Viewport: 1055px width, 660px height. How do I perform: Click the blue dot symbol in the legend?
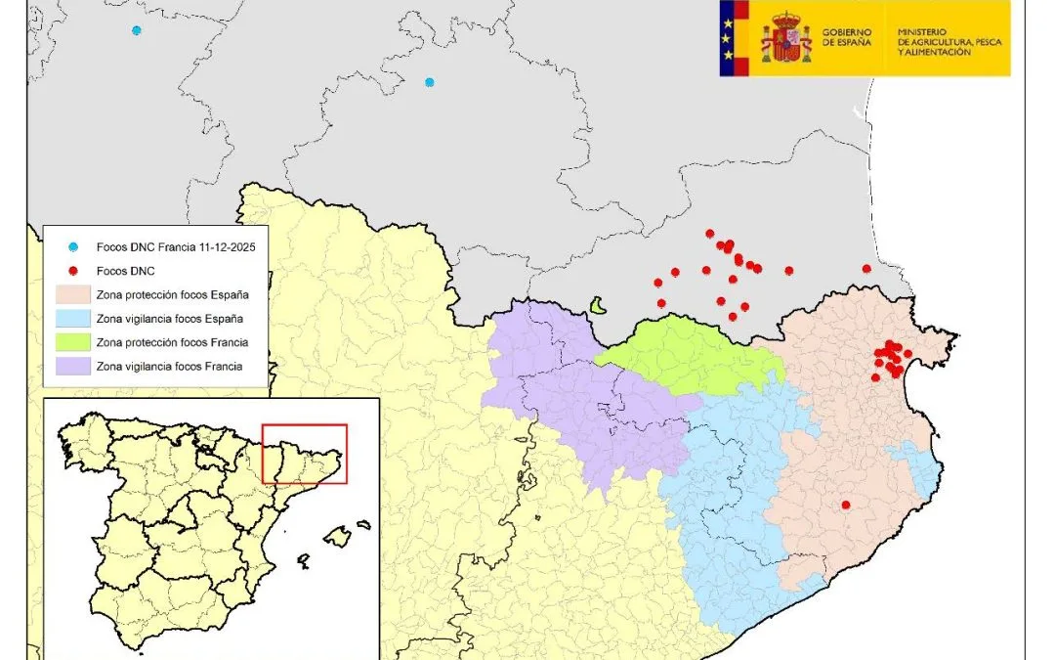73,248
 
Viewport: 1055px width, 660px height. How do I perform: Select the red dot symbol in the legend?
73,271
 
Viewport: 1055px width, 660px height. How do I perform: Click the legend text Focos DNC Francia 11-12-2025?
176,248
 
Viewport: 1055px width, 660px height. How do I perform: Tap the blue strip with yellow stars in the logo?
727,38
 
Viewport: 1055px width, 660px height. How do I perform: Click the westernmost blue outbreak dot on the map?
137,30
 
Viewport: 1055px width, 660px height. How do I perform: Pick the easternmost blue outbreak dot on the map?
429,82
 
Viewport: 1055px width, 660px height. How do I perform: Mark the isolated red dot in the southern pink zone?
846,505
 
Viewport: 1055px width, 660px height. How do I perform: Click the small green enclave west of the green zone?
596,306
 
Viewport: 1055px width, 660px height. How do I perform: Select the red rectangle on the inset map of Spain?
305,454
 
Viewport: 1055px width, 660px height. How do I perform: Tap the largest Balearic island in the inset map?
337,536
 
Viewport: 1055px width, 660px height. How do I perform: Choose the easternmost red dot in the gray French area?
866,269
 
